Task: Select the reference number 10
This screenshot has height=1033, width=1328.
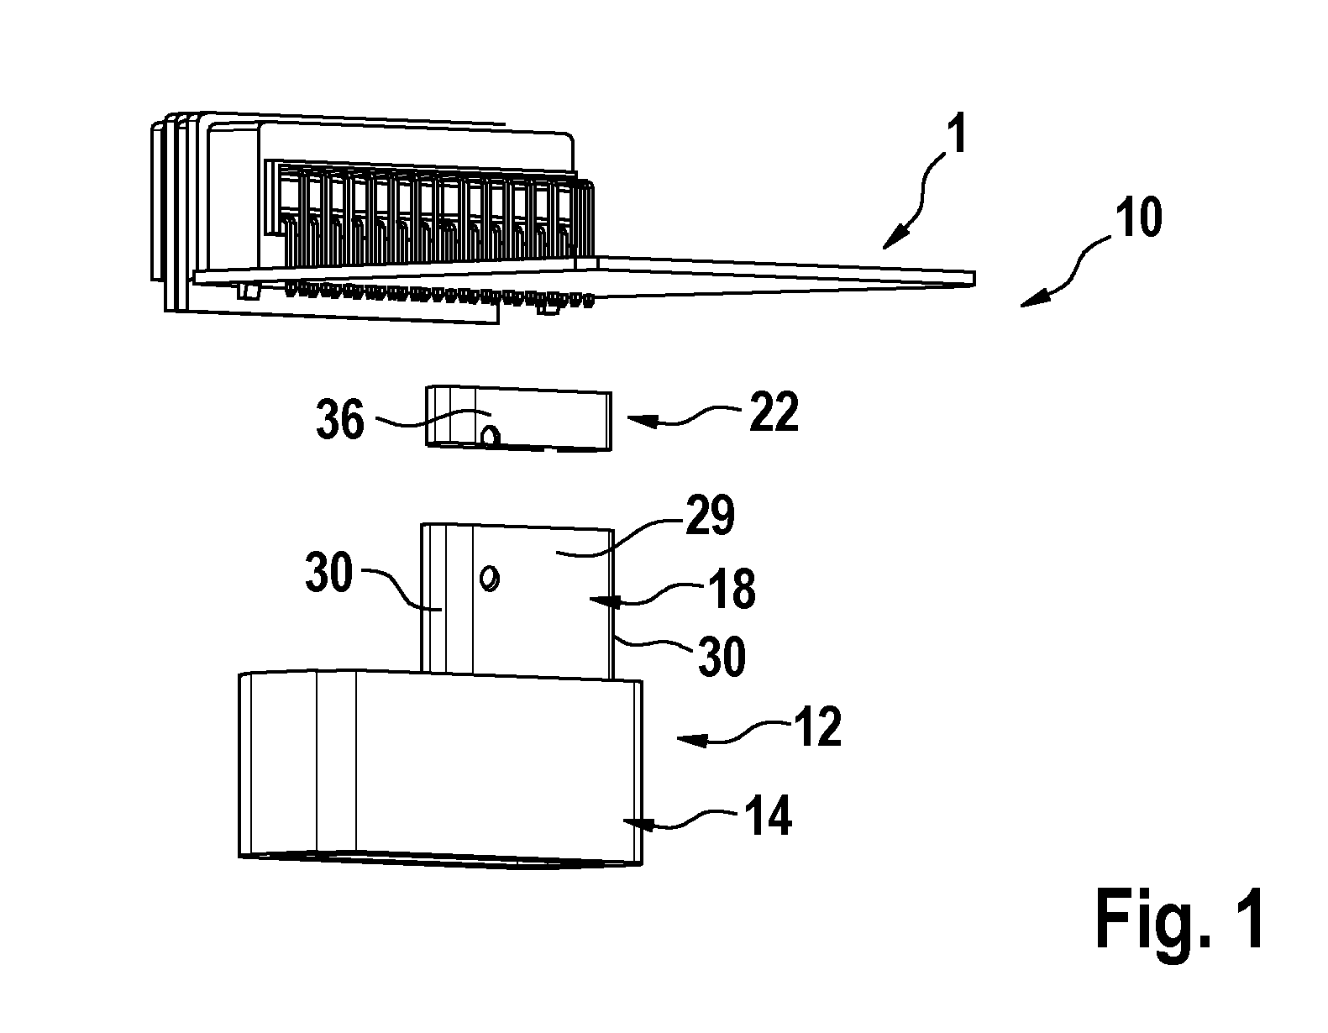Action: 1138,217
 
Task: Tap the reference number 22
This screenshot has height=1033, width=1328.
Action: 774,412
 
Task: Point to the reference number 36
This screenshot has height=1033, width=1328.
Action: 340,419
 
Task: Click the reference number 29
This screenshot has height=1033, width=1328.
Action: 710,515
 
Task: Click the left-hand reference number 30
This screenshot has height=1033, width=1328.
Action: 329,572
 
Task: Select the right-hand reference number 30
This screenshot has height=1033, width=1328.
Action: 722,655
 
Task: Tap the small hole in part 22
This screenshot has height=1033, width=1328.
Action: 491,436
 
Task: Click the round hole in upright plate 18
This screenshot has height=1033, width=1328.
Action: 491,578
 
